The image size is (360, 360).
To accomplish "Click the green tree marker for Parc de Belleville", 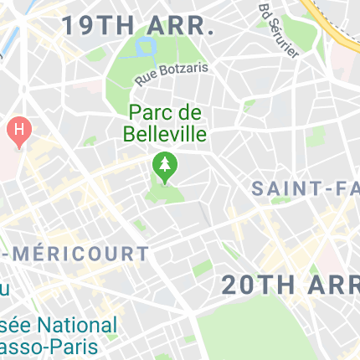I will tap(165, 167).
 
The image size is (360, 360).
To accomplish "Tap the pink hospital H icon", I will tap(17, 131).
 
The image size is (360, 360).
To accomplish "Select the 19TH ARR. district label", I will tap(139, 26).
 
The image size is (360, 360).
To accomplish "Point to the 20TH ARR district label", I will tap(290, 285).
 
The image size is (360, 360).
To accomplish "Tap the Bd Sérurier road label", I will tap(279, 31).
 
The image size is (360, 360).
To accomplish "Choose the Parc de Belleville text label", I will tap(165, 122).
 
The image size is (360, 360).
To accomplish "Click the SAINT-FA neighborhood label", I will tap(306, 189).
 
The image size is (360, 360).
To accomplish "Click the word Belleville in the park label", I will tap(165, 133).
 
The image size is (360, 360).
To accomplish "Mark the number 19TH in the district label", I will tap(94, 26).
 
